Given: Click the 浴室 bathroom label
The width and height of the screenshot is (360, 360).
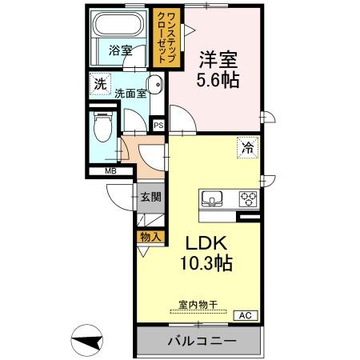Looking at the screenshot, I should point(120,50).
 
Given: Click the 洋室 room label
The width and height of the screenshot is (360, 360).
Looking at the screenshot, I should point(216,59).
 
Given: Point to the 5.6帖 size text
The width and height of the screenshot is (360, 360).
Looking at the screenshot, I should point(216,80).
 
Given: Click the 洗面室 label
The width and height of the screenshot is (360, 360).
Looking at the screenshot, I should point(130,92).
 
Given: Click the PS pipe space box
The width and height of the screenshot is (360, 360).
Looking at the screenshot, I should point(158,125).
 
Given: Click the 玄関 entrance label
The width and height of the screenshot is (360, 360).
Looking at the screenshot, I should point(151,197).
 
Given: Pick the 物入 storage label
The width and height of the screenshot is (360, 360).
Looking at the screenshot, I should point(151,237).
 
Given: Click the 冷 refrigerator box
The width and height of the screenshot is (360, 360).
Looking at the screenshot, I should point(248,147).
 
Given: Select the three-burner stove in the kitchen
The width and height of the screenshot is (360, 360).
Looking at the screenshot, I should point(247,199).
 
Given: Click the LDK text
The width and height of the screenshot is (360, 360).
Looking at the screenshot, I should point(210,243).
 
